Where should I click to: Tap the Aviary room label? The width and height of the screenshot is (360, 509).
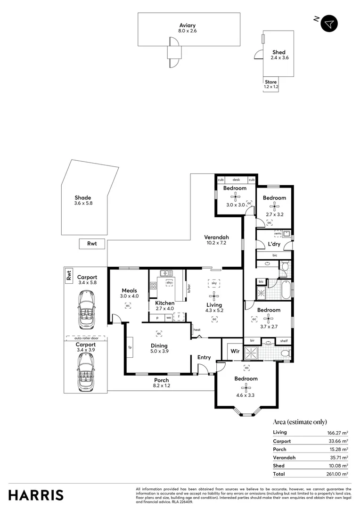point(187,25)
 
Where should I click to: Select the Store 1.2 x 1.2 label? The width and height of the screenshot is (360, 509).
point(270,84)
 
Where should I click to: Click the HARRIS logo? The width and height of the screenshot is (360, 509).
point(36,495)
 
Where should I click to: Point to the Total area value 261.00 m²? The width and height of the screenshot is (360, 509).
point(338,474)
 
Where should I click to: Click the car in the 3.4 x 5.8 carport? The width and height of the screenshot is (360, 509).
point(86,310)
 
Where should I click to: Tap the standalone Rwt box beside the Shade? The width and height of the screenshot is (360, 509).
point(92,244)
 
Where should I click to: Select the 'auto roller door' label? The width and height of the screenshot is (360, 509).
point(85,338)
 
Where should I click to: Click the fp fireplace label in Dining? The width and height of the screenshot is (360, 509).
point(130,348)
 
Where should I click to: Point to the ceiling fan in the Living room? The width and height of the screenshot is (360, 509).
point(214,296)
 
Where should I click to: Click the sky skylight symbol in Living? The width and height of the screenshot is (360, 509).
point(214,283)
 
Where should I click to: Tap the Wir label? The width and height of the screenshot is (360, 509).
point(235,351)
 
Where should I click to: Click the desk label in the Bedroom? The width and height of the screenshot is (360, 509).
point(236,180)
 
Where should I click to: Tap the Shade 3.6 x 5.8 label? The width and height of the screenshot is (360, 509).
point(82,200)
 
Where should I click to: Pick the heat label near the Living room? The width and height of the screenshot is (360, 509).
point(197,330)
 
